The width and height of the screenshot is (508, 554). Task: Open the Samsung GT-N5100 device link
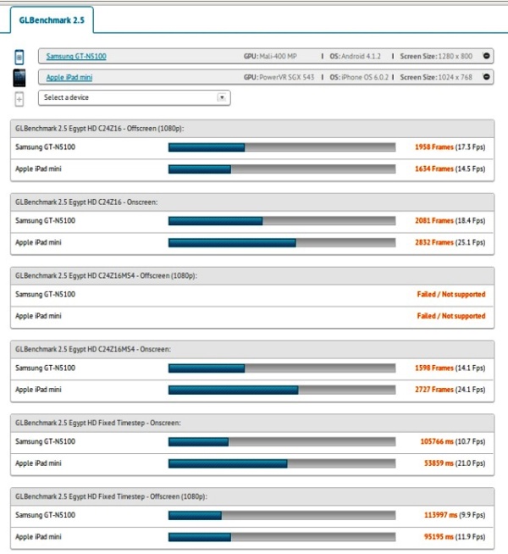(75, 57)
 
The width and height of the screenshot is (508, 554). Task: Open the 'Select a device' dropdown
(134, 97)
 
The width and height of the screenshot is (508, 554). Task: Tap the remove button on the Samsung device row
(486, 57)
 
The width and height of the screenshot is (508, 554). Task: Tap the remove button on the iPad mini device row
(486, 77)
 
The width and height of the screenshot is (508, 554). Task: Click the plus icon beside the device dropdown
(19, 98)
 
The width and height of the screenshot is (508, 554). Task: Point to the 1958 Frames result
(433, 147)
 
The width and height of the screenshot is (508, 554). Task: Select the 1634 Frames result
(433, 169)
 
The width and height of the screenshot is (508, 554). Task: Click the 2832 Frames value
(433, 243)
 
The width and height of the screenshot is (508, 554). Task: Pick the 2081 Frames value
(433, 221)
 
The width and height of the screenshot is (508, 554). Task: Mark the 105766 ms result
(439, 442)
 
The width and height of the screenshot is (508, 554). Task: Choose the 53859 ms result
(440, 464)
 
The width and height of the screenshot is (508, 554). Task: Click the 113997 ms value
(439, 516)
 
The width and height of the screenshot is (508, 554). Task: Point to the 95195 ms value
(440, 538)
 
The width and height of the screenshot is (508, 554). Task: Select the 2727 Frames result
(433, 391)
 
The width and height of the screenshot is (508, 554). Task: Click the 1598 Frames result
(433, 368)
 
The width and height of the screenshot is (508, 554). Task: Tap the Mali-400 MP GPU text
(279, 57)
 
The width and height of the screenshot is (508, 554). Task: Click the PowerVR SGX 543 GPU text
(288, 77)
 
